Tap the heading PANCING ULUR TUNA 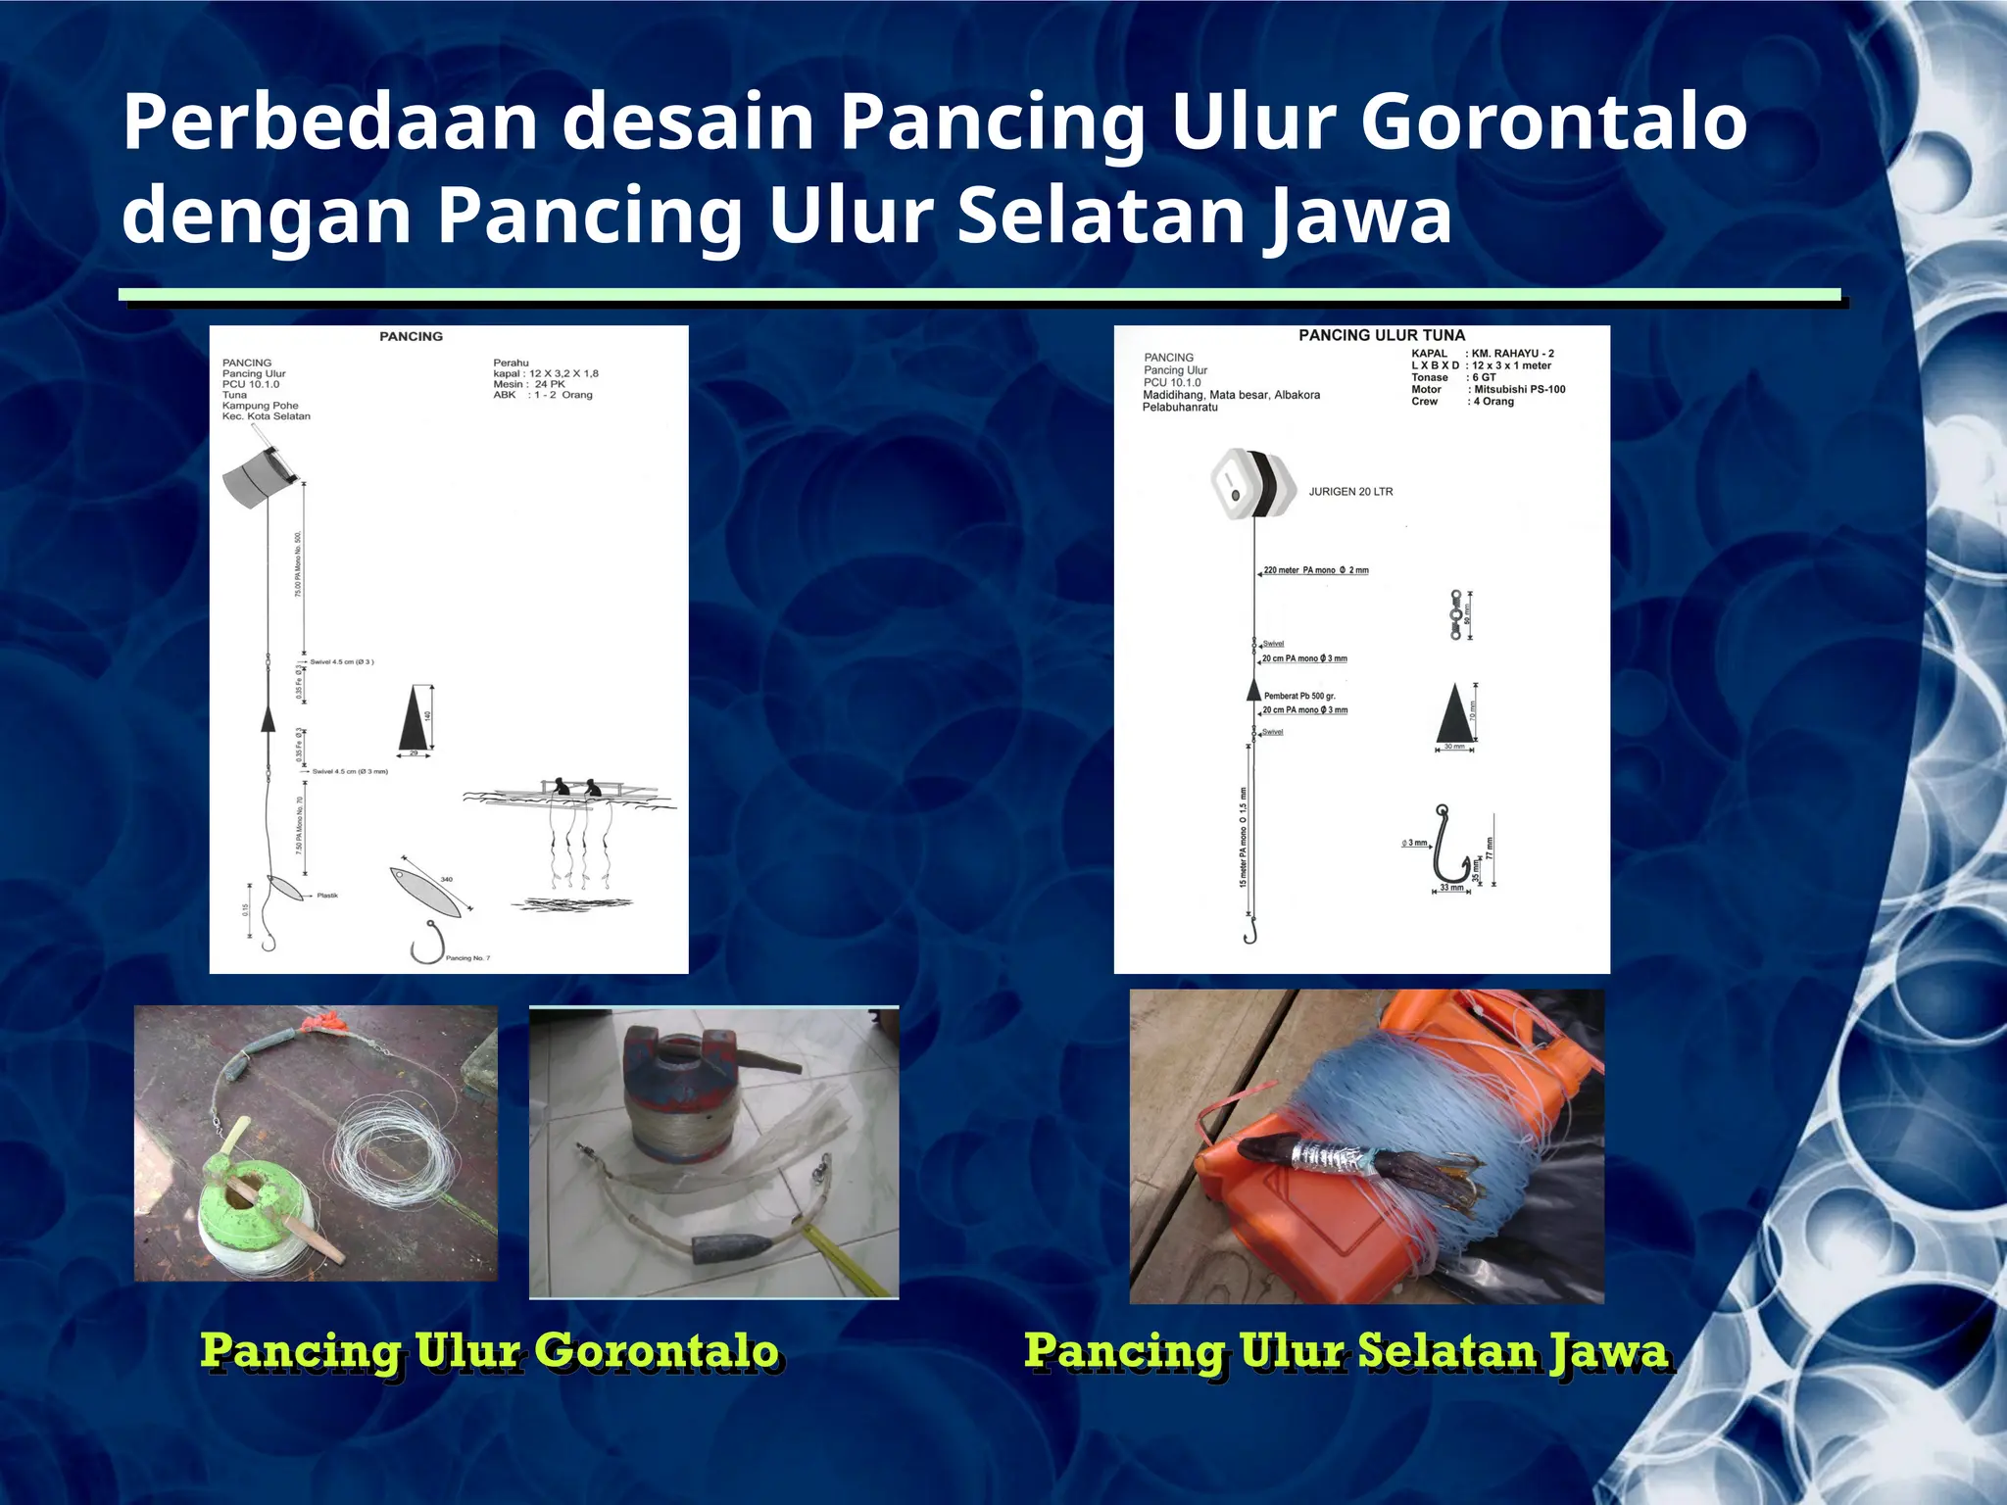1381,335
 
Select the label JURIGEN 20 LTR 1350,492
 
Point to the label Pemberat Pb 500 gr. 1299,696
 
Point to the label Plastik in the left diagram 327,896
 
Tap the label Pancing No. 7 467,957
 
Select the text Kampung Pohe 260,406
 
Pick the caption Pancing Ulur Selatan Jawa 1346,1351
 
